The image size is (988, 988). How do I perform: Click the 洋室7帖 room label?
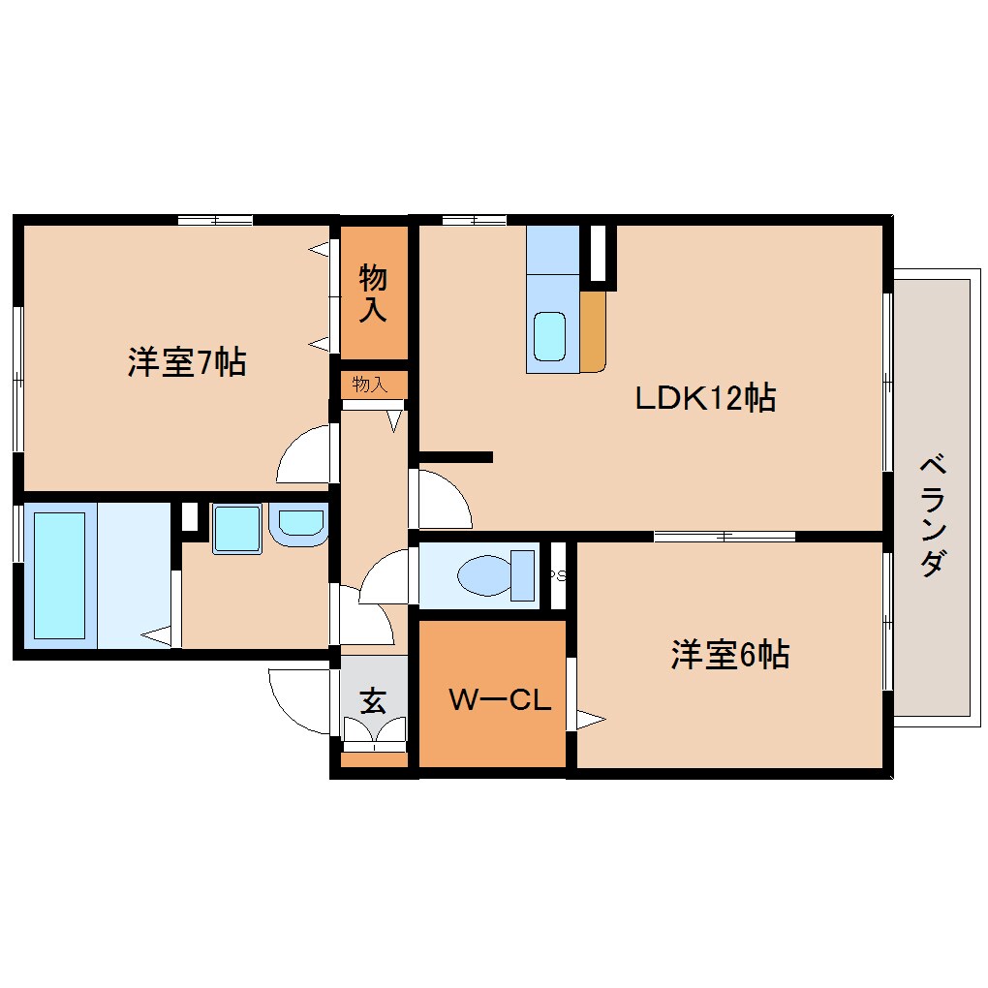(x=187, y=362)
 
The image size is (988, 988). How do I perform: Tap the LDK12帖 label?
(x=705, y=398)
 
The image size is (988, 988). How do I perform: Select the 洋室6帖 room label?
(x=729, y=655)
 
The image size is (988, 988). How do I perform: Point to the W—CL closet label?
(x=500, y=699)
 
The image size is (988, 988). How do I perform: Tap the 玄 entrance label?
(x=373, y=700)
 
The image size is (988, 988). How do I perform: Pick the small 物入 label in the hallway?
(x=370, y=384)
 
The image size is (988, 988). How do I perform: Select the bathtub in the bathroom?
(x=59, y=575)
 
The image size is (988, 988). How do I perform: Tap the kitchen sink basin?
(x=549, y=336)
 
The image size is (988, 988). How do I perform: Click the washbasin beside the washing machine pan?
(x=298, y=524)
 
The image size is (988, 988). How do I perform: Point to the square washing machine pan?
(x=236, y=529)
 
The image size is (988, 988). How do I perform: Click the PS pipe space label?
(x=558, y=574)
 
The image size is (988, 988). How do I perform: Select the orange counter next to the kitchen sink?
(x=592, y=331)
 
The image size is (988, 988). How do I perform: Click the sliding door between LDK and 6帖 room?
(x=725, y=537)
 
